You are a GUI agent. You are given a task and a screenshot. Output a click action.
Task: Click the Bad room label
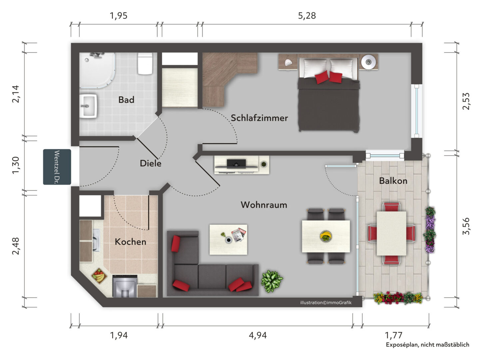126,100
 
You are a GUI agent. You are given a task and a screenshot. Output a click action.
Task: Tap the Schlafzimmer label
259,118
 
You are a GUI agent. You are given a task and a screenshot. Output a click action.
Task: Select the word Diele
151,163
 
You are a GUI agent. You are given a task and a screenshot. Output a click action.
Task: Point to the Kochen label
130,242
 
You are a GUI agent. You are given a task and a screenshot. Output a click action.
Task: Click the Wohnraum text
264,205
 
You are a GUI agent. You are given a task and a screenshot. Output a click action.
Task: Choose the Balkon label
393,181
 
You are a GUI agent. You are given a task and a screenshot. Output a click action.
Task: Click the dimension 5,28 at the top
307,16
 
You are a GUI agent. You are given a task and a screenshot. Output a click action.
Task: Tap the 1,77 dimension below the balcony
394,335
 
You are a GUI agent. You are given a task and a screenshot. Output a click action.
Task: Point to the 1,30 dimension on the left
16,165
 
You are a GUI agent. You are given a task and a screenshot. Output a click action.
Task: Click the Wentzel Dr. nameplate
57,167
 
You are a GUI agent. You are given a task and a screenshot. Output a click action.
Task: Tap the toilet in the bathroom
145,64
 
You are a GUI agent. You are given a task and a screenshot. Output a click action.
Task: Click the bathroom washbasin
88,106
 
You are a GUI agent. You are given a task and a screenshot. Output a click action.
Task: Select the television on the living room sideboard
236,164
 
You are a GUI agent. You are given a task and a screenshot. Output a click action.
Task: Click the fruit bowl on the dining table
326,236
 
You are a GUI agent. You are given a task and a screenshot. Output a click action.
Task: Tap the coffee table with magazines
228,240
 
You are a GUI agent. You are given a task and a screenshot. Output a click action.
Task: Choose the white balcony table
391,233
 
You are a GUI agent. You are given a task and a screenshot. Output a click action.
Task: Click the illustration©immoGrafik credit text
326,303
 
